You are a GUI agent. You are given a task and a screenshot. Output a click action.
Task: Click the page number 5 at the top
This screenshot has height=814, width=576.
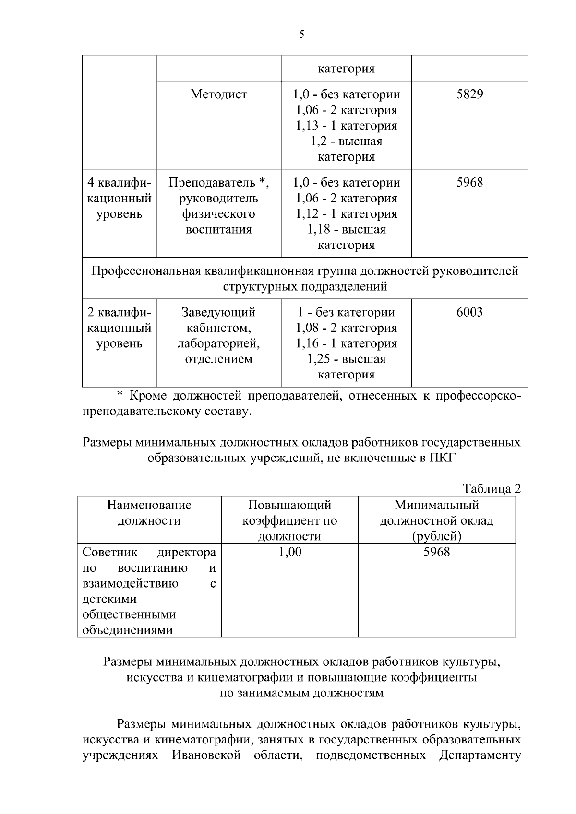click(x=301, y=34)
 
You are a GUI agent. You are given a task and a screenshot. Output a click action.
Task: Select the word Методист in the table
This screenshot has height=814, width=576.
click(x=218, y=94)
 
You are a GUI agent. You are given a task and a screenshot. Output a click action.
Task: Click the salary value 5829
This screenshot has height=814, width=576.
click(x=469, y=94)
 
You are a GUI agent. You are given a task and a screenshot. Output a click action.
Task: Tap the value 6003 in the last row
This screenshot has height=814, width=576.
click(x=469, y=312)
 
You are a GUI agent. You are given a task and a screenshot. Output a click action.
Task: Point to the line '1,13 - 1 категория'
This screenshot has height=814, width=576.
click(x=346, y=126)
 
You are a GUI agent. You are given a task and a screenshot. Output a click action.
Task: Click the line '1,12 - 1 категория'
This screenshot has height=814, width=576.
click(x=346, y=214)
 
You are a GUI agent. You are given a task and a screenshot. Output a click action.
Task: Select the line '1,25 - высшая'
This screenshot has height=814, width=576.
click(x=346, y=359)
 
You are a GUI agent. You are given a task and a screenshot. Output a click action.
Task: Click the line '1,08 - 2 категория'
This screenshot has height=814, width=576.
click(x=346, y=328)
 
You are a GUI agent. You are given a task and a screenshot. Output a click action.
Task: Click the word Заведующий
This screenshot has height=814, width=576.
click(x=218, y=312)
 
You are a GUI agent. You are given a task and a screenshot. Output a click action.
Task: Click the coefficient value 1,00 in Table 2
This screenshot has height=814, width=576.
click(x=290, y=552)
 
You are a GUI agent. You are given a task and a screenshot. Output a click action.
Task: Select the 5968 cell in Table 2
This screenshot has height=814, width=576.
click(x=436, y=552)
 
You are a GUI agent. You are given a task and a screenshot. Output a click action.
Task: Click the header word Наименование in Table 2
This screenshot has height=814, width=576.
click(x=149, y=505)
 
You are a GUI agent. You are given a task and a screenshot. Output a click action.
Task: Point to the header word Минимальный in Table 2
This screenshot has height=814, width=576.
click(x=436, y=505)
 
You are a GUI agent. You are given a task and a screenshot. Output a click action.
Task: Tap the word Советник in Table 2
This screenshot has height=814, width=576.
click(x=103, y=553)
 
